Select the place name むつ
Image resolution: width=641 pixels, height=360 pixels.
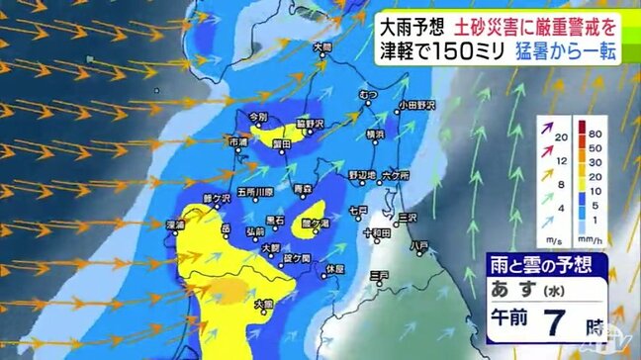click(x=368, y=93)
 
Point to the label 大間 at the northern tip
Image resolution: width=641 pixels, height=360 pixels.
click(x=319, y=46)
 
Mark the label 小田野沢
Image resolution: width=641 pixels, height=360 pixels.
click(x=417, y=103)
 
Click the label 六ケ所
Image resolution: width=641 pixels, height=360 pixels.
click(x=395, y=174)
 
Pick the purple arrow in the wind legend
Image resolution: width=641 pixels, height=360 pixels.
click(x=546, y=132)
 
